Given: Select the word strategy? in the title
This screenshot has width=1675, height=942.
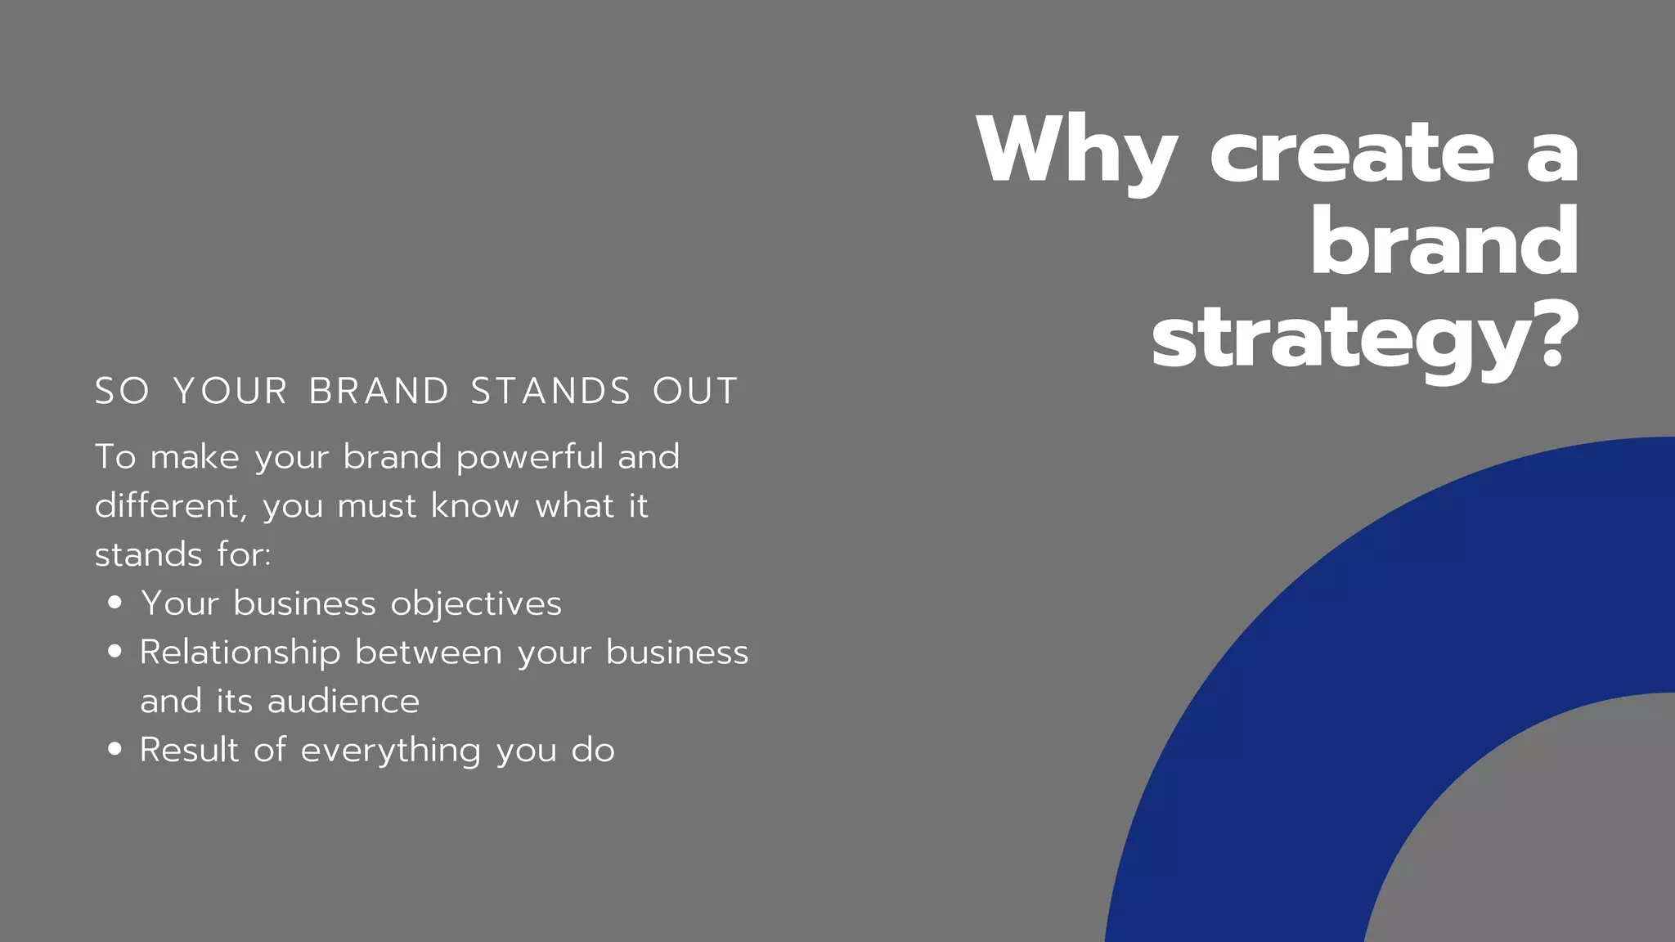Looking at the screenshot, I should pos(1364,340).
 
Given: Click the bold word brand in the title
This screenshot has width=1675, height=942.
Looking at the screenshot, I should pos(1444,243).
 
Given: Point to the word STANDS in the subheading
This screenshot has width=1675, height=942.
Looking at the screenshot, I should pos(550,391).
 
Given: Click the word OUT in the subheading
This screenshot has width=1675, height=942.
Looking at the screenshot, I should pos(695,391).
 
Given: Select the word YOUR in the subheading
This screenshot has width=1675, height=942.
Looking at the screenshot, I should pos(231,391).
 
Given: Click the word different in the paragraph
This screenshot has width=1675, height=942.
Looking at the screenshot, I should pos(168,506).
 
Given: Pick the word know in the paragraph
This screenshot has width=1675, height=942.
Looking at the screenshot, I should pos(474,506).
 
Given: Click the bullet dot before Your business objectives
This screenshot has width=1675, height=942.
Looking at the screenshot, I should pos(115,603).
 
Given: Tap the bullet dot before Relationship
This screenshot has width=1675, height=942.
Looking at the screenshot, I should pos(115,652).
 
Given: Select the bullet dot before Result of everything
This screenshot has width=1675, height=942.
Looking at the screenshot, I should pos(115,749).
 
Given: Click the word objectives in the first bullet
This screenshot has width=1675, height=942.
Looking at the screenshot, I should pos(476,604).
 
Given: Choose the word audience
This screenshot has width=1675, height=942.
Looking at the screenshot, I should pos(343,702).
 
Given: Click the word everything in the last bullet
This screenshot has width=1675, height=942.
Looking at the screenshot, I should pos(390,751).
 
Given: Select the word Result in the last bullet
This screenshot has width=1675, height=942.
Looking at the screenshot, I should pos(189,750).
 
